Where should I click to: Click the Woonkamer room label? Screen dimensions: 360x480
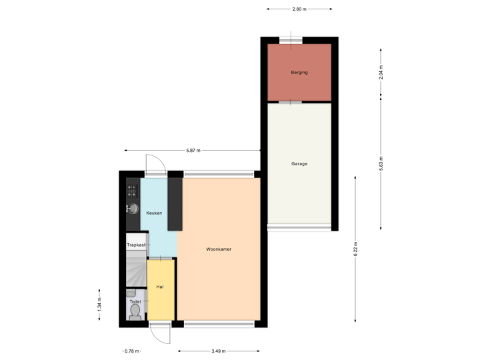pos(219,249)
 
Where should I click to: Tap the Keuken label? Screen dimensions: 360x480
pos(154,213)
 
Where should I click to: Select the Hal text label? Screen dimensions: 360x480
pos(160,286)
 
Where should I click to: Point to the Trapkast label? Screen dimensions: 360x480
pos(136,245)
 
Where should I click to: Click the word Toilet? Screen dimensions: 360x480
pos(136,301)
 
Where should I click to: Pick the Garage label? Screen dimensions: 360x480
pos(299,163)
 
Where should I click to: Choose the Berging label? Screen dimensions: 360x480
pos(299,72)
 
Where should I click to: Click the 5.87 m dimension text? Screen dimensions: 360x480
pos(193,150)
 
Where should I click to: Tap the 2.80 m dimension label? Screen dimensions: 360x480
pos(299,9)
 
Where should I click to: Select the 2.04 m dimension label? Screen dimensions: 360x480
pos(380,72)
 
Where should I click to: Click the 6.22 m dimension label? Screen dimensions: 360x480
pos(355,249)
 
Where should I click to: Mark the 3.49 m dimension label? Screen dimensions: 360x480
pos(218,351)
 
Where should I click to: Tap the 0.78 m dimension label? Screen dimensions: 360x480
pos(131,351)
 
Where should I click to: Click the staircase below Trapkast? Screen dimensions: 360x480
pos(135,270)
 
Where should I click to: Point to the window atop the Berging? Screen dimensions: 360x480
pos(290,40)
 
